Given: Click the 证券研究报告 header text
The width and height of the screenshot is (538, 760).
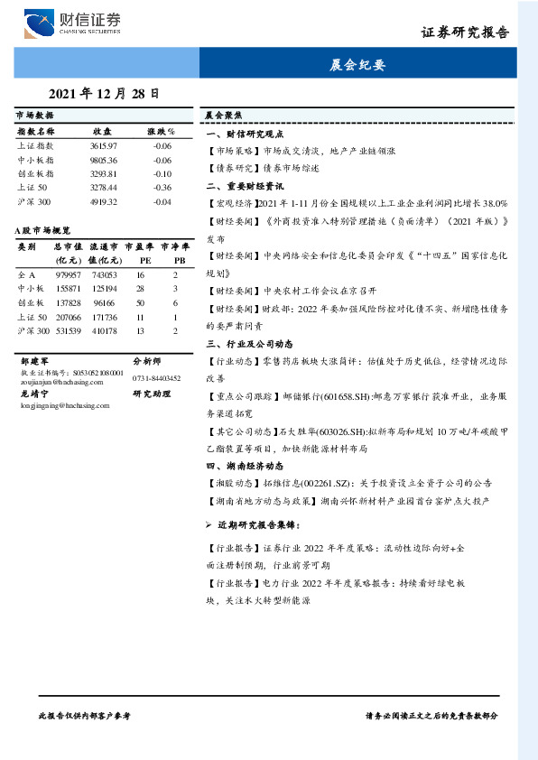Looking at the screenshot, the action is coord(465,33).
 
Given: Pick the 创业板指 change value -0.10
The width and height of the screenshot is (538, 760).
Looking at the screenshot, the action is coord(162,172).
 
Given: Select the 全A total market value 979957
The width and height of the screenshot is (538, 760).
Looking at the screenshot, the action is coord(69,273).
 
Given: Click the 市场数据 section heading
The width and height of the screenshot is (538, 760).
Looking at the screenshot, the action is coord(35,116).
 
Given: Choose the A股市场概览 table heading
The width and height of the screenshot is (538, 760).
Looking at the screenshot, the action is coord(43,231).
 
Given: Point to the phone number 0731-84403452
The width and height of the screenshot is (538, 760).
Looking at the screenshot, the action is coord(156,378).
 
